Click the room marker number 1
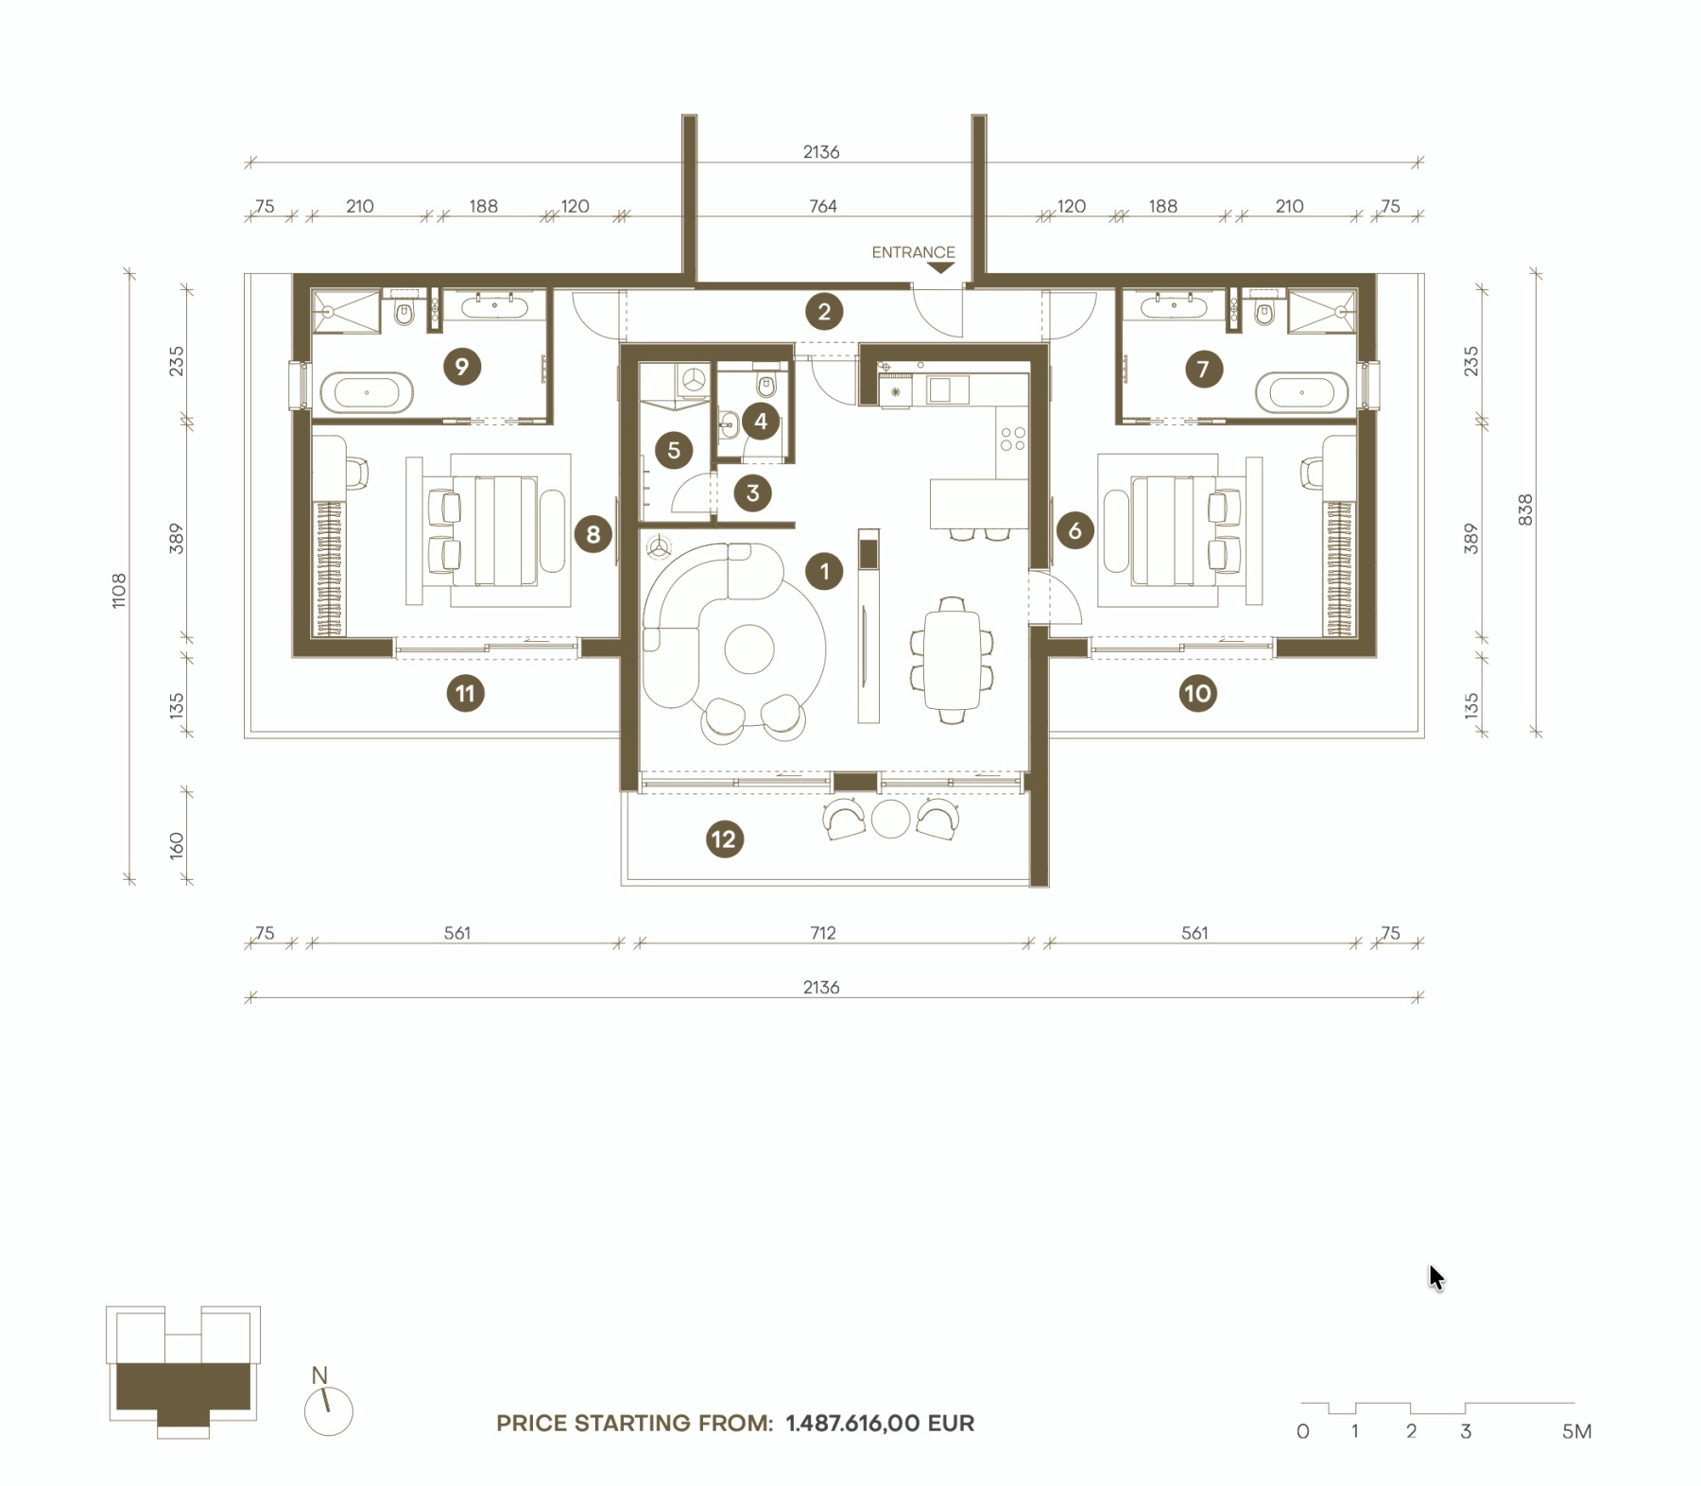click(824, 571)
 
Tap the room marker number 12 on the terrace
click(724, 838)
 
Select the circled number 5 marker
click(674, 450)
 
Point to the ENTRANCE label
click(913, 252)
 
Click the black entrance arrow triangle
click(940, 268)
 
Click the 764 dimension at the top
click(822, 206)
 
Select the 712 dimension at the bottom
click(822, 933)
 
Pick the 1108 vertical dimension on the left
click(118, 590)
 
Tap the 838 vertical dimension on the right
click(1524, 510)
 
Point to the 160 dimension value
click(177, 844)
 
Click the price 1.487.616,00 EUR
click(880, 1423)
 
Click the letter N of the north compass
click(319, 1375)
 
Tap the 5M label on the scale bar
click(1576, 1431)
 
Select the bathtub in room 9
click(367, 391)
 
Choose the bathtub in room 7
click(1301, 392)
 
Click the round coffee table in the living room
click(749, 648)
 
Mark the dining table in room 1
click(953, 660)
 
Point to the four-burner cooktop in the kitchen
click(1012, 439)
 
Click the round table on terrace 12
click(890, 819)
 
